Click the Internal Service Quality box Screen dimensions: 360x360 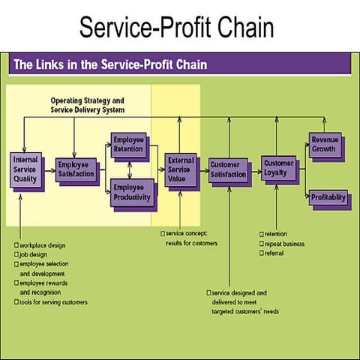click(25, 169)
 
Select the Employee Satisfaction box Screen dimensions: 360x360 click(76, 169)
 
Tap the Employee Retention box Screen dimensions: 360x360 click(130, 144)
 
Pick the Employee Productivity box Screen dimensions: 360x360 click(131, 193)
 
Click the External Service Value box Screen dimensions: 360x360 click(180, 169)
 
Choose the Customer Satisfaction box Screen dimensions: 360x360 click(227, 169)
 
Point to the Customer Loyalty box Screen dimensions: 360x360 click(279, 166)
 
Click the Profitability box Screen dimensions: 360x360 click(328, 197)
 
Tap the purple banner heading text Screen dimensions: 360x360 click(109, 64)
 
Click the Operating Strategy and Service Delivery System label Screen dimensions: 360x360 click(87, 105)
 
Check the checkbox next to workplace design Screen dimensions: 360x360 click(16, 245)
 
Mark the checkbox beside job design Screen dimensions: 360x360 click(16, 255)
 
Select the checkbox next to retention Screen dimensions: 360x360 click(261, 234)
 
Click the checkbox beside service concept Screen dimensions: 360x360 click(163, 234)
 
